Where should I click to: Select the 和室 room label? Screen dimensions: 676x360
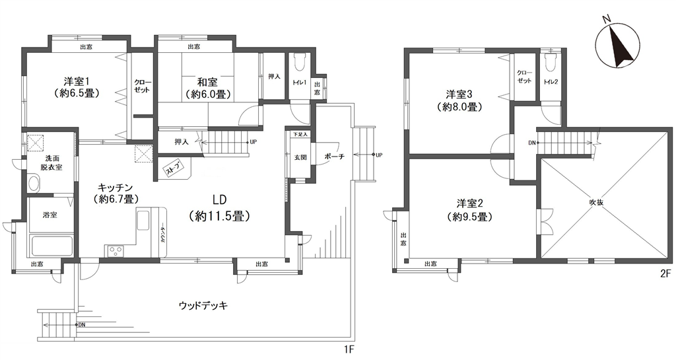(x=207, y=82)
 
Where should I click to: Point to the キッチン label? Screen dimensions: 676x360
(x=115, y=188)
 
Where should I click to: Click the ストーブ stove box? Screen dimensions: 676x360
(x=173, y=168)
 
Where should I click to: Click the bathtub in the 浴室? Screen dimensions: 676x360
(x=51, y=246)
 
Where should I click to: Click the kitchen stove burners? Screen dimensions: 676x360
(x=116, y=250)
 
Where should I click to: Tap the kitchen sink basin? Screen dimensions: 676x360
(x=143, y=219)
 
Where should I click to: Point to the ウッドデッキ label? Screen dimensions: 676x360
(x=203, y=306)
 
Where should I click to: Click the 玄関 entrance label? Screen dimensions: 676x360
(x=300, y=157)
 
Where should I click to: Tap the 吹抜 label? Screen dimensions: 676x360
(x=596, y=201)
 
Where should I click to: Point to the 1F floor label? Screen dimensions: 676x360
(x=349, y=347)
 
